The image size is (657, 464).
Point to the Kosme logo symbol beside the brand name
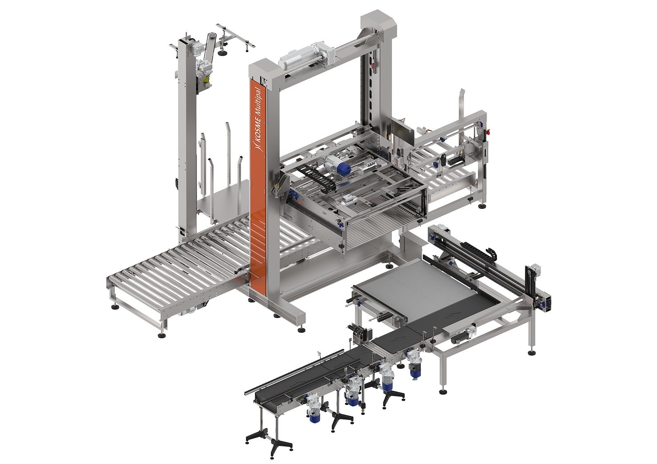tap(257, 145)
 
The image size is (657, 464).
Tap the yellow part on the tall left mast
tap(207, 81)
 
